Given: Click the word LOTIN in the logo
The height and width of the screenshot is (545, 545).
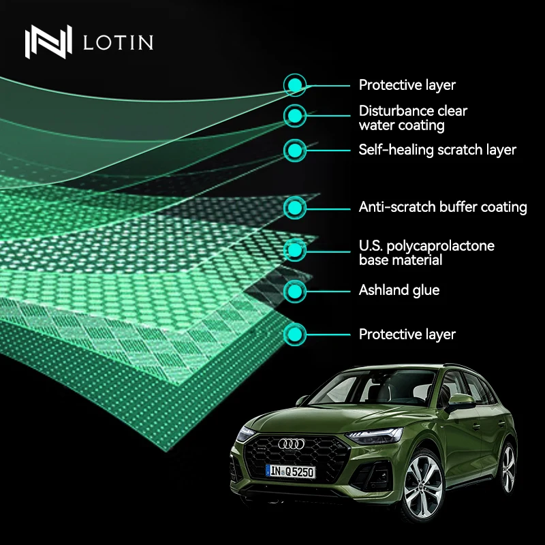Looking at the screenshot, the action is (117, 42).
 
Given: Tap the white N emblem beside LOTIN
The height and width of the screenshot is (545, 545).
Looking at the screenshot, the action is (48, 42).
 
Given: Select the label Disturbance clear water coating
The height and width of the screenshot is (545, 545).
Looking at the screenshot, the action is (413, 118).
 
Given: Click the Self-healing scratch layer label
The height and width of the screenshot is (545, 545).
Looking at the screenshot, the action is (437, 150).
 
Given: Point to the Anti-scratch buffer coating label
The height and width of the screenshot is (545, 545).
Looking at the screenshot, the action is (443, 207).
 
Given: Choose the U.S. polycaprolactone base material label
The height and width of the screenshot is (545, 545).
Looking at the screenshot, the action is (426, 253).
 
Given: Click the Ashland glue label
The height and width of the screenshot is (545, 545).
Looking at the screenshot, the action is (399, 291).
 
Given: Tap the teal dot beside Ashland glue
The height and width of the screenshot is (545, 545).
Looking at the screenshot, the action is (294, 291).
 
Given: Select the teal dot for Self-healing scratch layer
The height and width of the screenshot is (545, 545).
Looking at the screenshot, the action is (294, 150).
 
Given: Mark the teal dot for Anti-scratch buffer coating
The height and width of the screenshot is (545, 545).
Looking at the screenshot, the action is (294, 207).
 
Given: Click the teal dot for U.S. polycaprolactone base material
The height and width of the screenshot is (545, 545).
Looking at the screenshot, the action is (294, 250).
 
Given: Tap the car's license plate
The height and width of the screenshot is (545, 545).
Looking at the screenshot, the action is (291, 471).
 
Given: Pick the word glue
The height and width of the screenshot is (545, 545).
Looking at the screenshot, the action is (426, 291).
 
